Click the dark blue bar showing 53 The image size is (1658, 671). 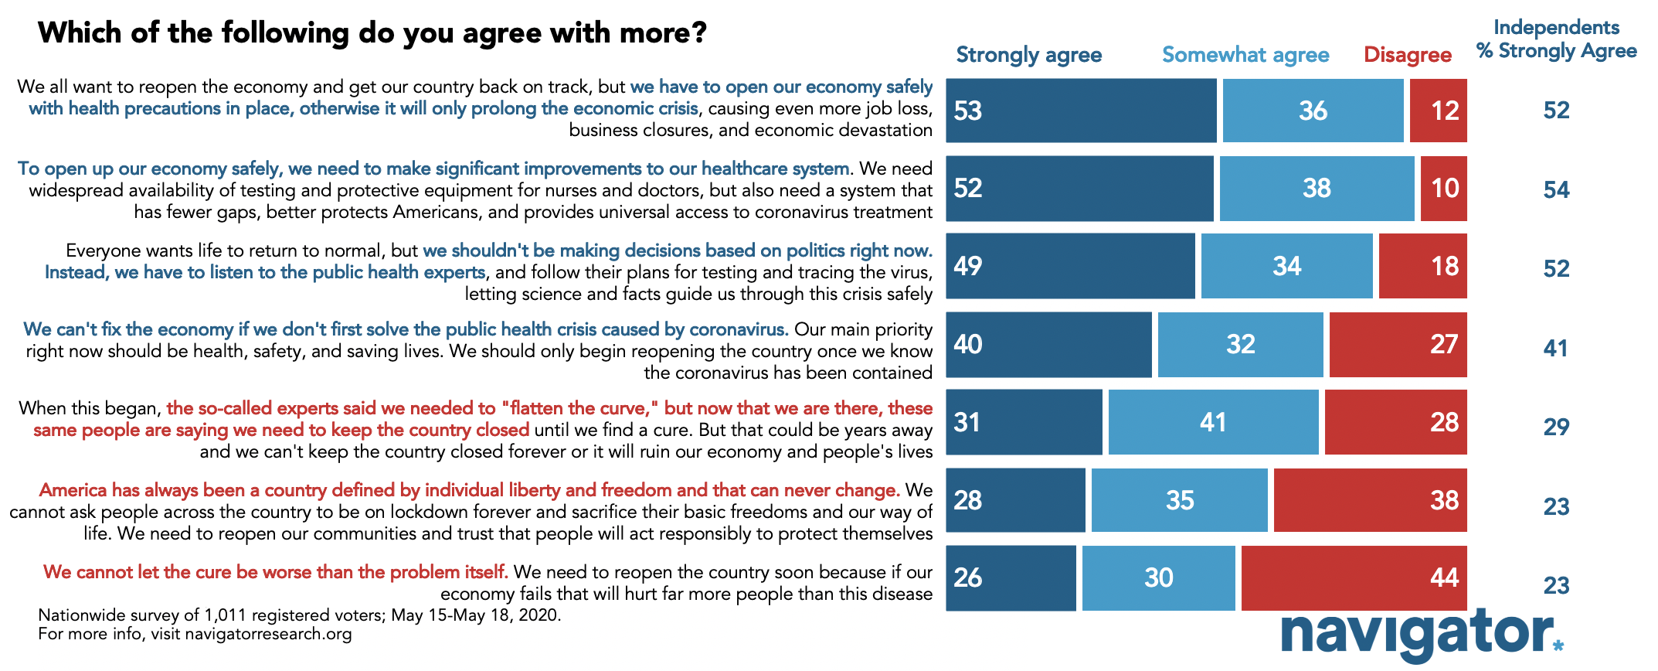click(1081, 111)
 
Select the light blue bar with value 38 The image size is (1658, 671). click(1317, 189)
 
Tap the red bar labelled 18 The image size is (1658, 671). click(1422, 266)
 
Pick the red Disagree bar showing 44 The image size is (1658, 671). click(1354, 578)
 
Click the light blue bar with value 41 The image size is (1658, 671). click(1213, 422)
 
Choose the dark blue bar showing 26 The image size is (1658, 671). click(1011, 578)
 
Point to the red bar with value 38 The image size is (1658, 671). click(1370, 500)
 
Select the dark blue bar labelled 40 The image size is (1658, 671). click(1048, 345)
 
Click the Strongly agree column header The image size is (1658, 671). click(1028, 55)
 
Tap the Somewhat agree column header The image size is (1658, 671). click(1245, 55)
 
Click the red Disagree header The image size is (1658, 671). click(1407, 55)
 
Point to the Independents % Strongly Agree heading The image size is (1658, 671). click(1556, 39)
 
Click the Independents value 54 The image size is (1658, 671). click(1556, 189)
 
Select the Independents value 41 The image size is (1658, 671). click(1555, 348)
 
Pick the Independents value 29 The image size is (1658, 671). click(1556, 427)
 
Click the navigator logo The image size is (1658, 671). click(1422, 635)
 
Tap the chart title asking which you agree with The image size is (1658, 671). click(372, 33)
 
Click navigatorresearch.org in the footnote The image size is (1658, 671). click(268, 634)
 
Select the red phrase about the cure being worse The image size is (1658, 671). click(276, 572)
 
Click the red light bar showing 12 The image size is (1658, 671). click(1438, 111)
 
